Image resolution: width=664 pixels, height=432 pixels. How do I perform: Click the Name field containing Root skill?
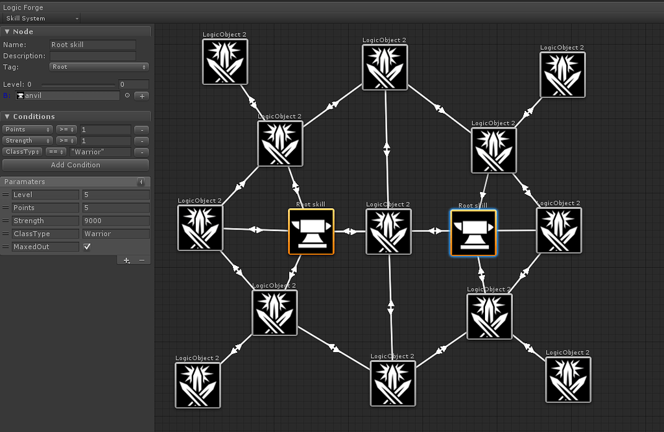(93, 45)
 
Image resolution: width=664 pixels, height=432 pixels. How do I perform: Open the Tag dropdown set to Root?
(99, 67)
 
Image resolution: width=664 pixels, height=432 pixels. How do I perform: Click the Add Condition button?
(75, 165)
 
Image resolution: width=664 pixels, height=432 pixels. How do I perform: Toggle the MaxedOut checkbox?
(87, 246)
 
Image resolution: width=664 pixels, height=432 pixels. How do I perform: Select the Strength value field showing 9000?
(115, 221)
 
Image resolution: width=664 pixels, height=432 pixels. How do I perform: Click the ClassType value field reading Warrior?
(115, 234)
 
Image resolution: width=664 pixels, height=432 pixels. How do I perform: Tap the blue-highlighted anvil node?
(473, 233)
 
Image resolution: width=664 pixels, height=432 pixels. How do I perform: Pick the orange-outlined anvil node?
(311, 232)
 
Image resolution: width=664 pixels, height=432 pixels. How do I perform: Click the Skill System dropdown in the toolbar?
(41, 18)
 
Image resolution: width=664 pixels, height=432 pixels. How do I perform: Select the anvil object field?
(67, 96)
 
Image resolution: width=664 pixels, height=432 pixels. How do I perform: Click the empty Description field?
(93, 56)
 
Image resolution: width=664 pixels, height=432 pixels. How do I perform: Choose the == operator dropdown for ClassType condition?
(56, 152)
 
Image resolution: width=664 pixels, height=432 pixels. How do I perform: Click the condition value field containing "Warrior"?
(101, 152)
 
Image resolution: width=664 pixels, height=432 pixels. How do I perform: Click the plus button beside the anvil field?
(141, 96)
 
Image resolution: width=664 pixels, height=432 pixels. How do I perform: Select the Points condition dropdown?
(27, 130)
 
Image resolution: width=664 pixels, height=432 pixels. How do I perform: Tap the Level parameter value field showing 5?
(115, 195)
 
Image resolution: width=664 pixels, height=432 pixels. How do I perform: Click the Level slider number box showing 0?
(134, 84)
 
